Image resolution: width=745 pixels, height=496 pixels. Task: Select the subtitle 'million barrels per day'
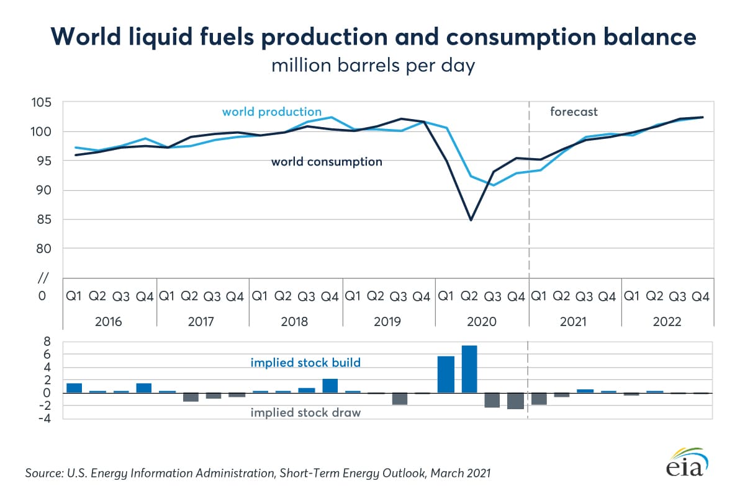tap(372, 66)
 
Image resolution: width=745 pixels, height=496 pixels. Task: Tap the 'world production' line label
tap(271, 112)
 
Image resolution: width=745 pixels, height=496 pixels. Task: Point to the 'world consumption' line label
tap(326, 162)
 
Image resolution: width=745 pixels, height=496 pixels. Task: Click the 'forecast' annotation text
tap(574, 112)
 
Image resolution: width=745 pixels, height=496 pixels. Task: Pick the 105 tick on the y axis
tap(47, 103)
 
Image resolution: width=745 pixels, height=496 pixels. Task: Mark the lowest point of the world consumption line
tap(471, 220)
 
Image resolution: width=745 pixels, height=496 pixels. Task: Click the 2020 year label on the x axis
tap(482, 322)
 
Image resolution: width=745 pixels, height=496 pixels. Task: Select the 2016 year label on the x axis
tap(109, 322)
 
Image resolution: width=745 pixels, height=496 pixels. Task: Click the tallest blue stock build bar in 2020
tap(469, 369)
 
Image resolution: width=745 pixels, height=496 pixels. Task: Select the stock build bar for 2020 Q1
tap(446, 374)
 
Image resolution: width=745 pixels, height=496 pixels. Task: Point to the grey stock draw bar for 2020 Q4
tap(516, 401)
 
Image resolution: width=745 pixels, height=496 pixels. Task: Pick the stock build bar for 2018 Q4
tap(330, 386)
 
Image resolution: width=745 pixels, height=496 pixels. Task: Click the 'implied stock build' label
tap(305, 363)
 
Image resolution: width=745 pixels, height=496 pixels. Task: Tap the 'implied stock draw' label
tap(305, 413)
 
